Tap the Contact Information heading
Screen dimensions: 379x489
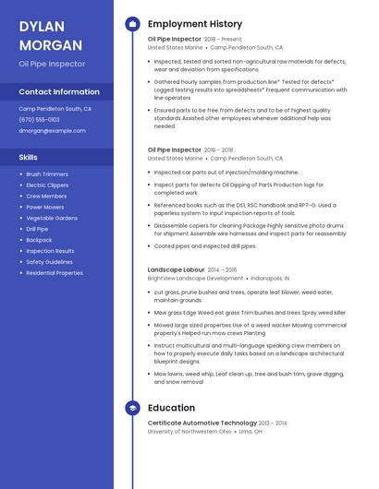pyautogui.click(x=59, y=92)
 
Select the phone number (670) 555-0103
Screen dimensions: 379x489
pyautogui.click(x=39, y=120)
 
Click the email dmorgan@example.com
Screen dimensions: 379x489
pyautogui.click(x=52, y=131)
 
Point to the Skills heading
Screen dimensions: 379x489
pyautogui.click(x=29, y=158)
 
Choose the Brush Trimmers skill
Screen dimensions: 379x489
pyautogui.click(x=47, y=174)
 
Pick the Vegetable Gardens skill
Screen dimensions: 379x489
pyautogui.click(x=52, y=218)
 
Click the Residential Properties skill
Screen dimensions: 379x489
pyautogui.click(x=55, y=273)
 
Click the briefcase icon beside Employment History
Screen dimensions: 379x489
pyautogui.click(x=132, y=24)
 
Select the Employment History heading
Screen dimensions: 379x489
pyautogui.click(x=195, y=24)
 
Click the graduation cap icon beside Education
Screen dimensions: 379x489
pyautogui.click(x=132, y=408)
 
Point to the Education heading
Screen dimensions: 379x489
pyautogui.click(x=171, y=408)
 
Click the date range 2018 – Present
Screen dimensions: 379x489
pyautogui.click(x=223, y=40)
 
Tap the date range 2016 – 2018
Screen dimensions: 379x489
pyautogui.click(x=218, y=149)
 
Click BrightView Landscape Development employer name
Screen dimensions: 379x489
pyautogui.click(x=195, y=278)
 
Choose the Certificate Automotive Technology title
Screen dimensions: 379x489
pyautogui.click(x=202, y=423)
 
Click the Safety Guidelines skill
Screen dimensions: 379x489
pyautogui.click(x=49, y=262)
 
